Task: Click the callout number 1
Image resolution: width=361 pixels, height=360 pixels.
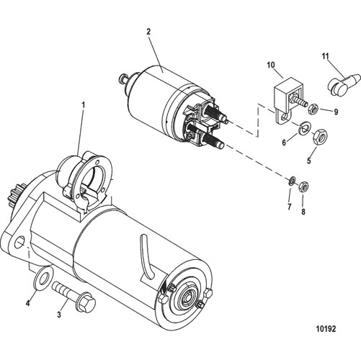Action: (x=84, y=105)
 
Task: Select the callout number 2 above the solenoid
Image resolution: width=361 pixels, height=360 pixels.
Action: (x=148, y=32)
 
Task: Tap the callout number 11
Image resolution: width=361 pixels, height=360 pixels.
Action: (x=325, y=56)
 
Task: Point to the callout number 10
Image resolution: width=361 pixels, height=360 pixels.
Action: (x=271, y=65)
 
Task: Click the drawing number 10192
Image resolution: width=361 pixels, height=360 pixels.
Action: (x=326, y=328)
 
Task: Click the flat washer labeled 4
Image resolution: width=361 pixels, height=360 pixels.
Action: (x=43, y=278)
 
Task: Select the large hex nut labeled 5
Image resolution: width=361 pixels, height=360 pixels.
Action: (x=319, y=137)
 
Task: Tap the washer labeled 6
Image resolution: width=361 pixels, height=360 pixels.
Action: (x=305, y=127)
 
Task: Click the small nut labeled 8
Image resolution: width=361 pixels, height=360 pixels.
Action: (x=303, y=186)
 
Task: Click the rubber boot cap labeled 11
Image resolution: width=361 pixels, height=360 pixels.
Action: (x=344, y=84)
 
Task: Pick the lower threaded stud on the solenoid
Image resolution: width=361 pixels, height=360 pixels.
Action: (x=213, y=140)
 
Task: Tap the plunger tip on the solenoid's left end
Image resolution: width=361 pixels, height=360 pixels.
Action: (x=123, y=78)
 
